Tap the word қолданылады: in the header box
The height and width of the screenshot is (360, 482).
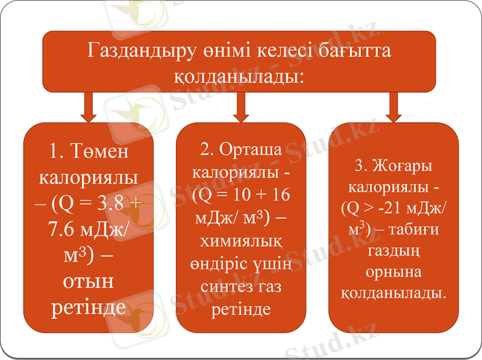239,77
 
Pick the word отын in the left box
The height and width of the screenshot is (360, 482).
89,282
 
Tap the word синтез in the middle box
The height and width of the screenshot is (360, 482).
228,288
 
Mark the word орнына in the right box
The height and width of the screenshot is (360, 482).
393,272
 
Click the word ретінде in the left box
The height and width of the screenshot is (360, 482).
89,308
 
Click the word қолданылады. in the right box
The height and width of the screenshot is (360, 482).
393,294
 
